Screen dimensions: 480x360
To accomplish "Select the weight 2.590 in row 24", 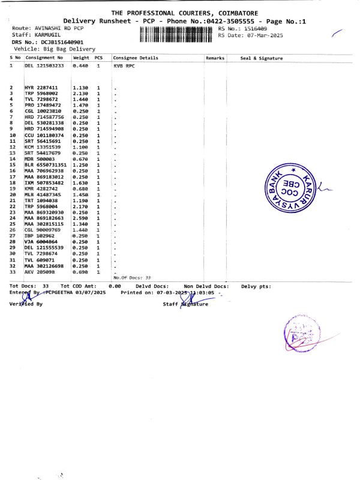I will (x=80, y=218).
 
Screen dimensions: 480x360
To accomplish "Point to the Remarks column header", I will (x=215, y=58).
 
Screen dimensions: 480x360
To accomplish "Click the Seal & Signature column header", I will (x=261, y=58).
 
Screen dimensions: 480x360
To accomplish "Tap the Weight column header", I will (x=80, y=58).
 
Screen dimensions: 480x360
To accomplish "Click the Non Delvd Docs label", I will (x=206, y=286).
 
